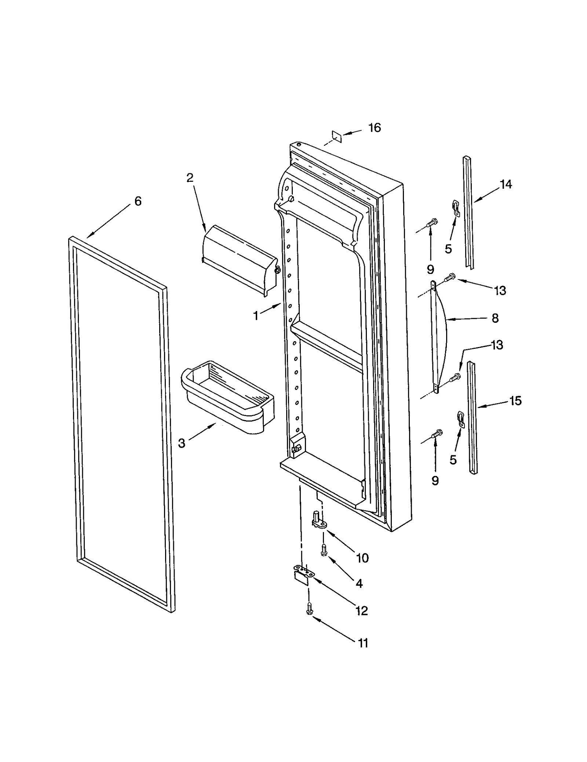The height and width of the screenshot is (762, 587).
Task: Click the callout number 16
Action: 375,128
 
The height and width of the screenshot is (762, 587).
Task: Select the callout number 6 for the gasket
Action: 138,201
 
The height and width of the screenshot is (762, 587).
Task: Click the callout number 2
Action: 190,178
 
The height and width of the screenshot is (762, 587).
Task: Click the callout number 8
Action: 495,318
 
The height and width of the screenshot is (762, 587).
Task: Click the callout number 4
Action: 359,584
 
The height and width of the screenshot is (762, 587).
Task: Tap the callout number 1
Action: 256,315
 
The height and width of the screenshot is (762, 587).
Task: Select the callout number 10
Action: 362,558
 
